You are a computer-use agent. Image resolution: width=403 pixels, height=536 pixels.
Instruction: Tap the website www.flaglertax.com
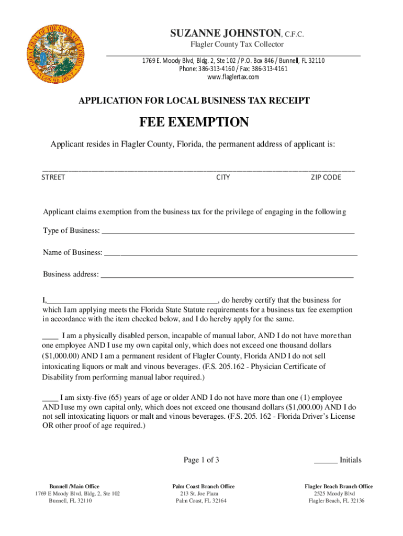(233, 77)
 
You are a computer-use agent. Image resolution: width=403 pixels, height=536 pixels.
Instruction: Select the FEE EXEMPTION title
(194, 122)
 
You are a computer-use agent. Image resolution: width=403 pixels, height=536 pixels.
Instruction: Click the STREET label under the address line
(53, 177)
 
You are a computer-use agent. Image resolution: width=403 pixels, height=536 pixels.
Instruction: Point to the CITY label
(223, 177)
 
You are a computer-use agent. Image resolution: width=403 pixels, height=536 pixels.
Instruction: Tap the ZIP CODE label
(326, 177)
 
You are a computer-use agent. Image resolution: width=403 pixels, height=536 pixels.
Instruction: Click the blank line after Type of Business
(228, 232)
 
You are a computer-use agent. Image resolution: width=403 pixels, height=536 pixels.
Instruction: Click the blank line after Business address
(226, 275)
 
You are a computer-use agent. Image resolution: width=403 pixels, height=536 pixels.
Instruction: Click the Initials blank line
(325, 462)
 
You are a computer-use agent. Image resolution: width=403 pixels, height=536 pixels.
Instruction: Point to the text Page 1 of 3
(201, 460)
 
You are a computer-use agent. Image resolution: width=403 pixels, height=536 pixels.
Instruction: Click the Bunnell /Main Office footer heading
(74, 486)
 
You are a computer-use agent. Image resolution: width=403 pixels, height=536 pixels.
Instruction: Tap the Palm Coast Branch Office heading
(204, 486)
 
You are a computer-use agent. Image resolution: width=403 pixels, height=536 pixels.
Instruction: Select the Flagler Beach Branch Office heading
(339, 486)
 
